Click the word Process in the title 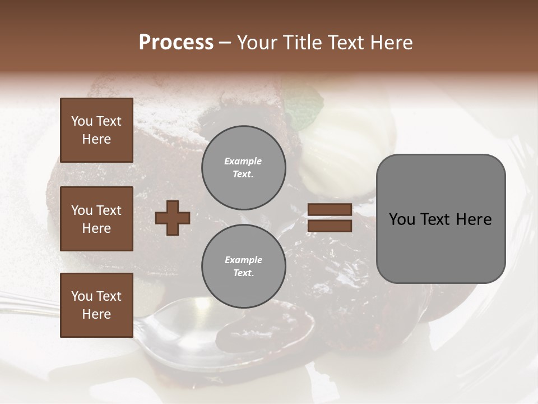176,42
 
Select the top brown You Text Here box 96,130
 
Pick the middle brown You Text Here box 96,219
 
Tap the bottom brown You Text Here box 96,305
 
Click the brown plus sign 173,218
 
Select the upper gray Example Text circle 243,168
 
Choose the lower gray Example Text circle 243,267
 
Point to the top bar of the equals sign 330,210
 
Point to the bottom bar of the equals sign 330,226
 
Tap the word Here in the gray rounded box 474,219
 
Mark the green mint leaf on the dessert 305,110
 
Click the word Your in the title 257,43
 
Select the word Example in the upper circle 243,161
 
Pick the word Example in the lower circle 243,260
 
